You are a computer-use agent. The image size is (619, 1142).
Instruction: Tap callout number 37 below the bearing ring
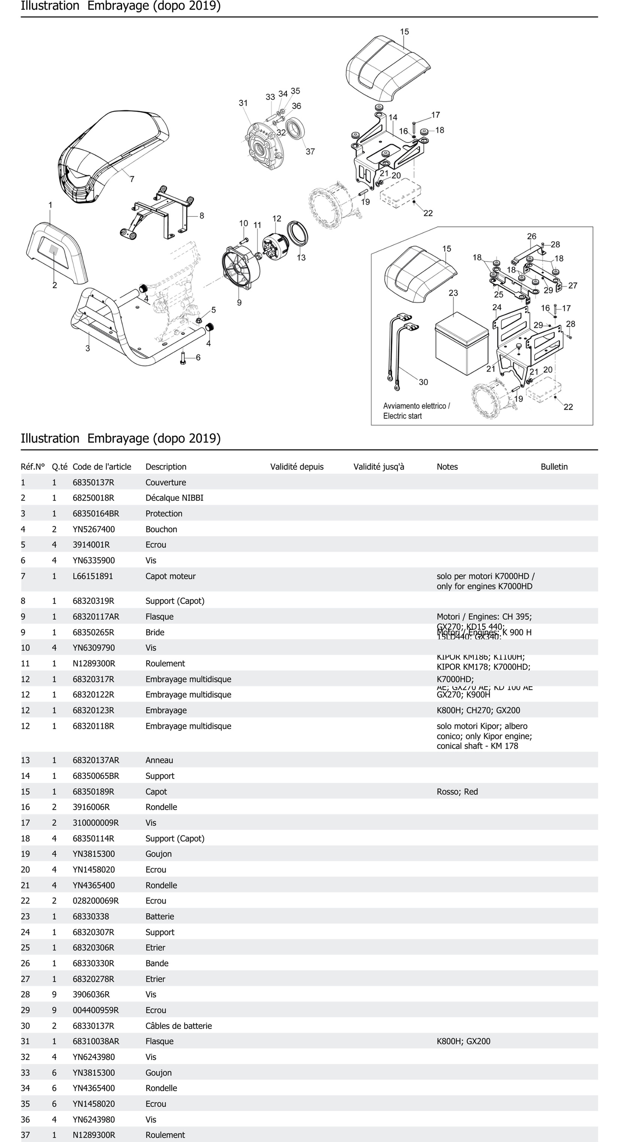point(310,152)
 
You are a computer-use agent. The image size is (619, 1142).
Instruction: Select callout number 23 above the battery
point(453,293)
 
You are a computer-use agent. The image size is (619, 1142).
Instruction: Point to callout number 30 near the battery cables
point(423,382)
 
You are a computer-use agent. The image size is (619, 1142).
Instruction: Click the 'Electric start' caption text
point(402,416)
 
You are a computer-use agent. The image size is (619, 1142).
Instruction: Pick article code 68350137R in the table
point(93,482)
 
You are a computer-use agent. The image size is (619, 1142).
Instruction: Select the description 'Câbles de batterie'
point(179,1026)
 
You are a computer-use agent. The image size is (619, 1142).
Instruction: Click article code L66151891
point(93,576)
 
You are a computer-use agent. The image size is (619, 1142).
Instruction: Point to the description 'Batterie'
point(160,916)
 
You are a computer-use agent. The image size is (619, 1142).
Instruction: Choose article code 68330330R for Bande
point(93,963)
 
